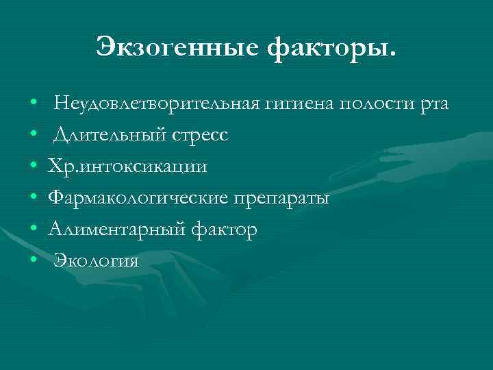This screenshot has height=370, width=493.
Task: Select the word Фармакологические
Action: click(x=138, y=199)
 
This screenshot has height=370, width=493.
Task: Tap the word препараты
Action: click(x=282, y=199)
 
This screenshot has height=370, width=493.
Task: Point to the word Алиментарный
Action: click(x=115, y=230)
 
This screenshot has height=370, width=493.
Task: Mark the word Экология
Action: click(x=97, y=261)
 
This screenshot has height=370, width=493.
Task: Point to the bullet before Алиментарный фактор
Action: click(x=34, y=230)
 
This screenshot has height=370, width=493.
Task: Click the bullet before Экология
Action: click(x=34, y=262)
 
